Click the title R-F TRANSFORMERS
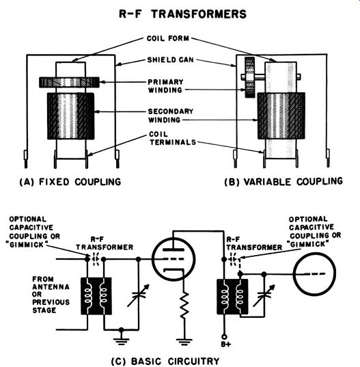[x=182, y=14]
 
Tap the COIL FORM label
[x=168, y=38]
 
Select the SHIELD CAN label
[x=171, y=60]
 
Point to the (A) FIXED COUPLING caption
[x=70, y=182]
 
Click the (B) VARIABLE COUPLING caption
[x=283, y=182]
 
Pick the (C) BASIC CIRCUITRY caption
[x=165, y=361]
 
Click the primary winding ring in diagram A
[x=69, y=83]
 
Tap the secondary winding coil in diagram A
[x=70, y=116]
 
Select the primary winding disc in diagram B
[x=249, y=77]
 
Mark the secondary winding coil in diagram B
[x=281, y=116]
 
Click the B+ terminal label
[x=226, y=344]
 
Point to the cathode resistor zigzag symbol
[x=185, y=305]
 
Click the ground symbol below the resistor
[x=184, y=342]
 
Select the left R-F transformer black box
[x=96, y=297]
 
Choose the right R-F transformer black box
[x=232, y=297]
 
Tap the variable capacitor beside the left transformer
[x=138, y=296]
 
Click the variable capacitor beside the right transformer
[x=264, y=296]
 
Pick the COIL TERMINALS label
[x=173, y=138]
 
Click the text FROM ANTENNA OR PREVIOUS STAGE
[x=51, y=295]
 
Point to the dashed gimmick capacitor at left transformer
[x=96, y=259]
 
